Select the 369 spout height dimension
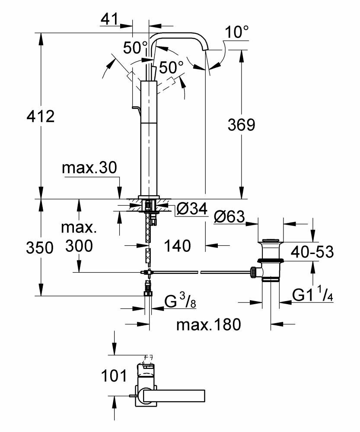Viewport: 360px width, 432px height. tap(242, 125)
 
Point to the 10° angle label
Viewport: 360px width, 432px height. tap(237, 32)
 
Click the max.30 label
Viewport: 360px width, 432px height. tap(89, 168)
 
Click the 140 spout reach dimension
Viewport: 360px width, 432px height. tap(177, 246)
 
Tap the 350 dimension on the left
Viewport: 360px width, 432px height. tap(39, 248)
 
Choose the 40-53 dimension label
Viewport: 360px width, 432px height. tap(311, 252)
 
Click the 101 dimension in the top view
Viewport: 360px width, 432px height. tap(114, 375)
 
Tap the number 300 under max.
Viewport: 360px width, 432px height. tap(80, 246)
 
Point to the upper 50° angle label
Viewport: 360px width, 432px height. tap(135, 48)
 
